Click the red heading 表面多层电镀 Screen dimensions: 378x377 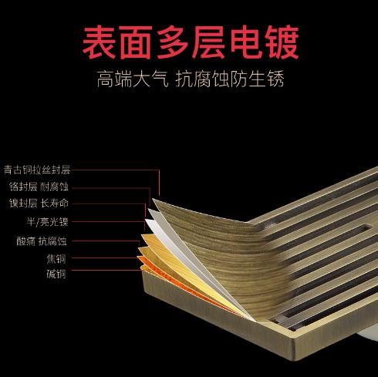coord(191,42)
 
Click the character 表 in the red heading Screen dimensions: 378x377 coord(100,42)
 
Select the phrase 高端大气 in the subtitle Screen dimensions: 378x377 coord(133,79)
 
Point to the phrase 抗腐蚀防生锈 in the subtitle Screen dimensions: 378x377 coord(230,79)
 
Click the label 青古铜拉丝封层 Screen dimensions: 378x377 coord(37,170)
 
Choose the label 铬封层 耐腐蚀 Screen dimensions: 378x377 coord(39,187)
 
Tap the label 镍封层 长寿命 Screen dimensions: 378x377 coord(39,204)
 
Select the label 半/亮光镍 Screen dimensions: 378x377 coord(48,221)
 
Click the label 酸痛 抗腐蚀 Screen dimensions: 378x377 coord(42,241)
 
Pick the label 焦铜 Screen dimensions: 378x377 coord(56,259)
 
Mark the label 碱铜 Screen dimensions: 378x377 coord(56,274)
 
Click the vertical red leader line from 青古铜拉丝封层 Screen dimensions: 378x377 coord(159,183)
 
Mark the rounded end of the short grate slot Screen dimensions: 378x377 coord(367,227)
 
